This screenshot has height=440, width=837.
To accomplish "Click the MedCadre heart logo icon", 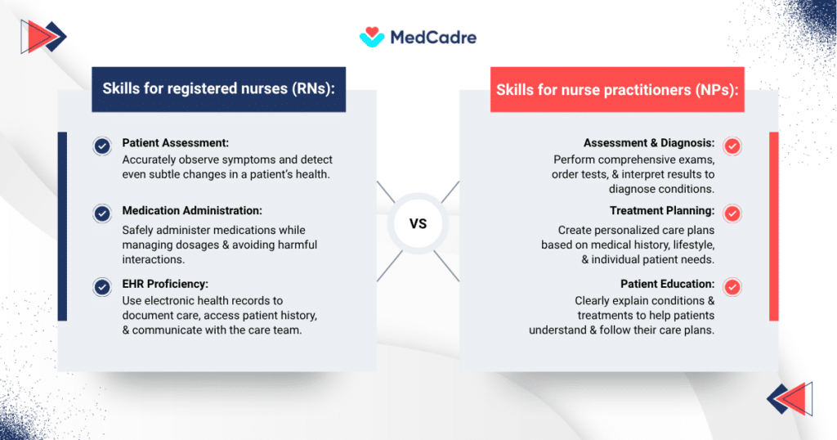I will click(x=371, y=37).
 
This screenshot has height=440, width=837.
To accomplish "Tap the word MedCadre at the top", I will click(x=433, y=38).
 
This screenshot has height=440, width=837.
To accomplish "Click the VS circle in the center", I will click(x=418, y=224).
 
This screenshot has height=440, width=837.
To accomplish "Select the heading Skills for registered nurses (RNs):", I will click(x=218, y=89).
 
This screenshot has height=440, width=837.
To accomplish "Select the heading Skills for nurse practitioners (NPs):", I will click(x=618, y=90).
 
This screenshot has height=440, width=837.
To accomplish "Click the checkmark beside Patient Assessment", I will click(x=102, y=146).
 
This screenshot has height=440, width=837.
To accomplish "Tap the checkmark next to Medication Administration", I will click(x=102, y=213).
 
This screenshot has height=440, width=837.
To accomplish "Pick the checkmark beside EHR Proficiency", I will click(x=102, y=286).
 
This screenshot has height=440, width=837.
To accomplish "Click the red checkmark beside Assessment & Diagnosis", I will click(x=732, y=146).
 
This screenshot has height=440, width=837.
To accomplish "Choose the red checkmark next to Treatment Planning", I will click(x=732, y=213).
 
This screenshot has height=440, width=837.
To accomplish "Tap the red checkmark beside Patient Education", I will click(x=732, y=286).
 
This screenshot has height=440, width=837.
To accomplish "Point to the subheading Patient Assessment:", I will click(x=175, y=143).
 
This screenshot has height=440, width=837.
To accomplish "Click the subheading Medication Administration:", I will click(x=192, y=211).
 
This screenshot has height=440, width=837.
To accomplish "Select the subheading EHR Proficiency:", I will click(x=165, y=284).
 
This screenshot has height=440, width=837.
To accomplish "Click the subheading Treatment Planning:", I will click(x=662, y=211).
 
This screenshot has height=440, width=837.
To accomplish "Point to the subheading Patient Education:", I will click(x=668, y=284).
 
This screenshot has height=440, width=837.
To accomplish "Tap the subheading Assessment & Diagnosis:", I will click(x=649, y=143).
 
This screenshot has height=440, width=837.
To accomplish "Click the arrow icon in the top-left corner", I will click(x=43, y=35).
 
